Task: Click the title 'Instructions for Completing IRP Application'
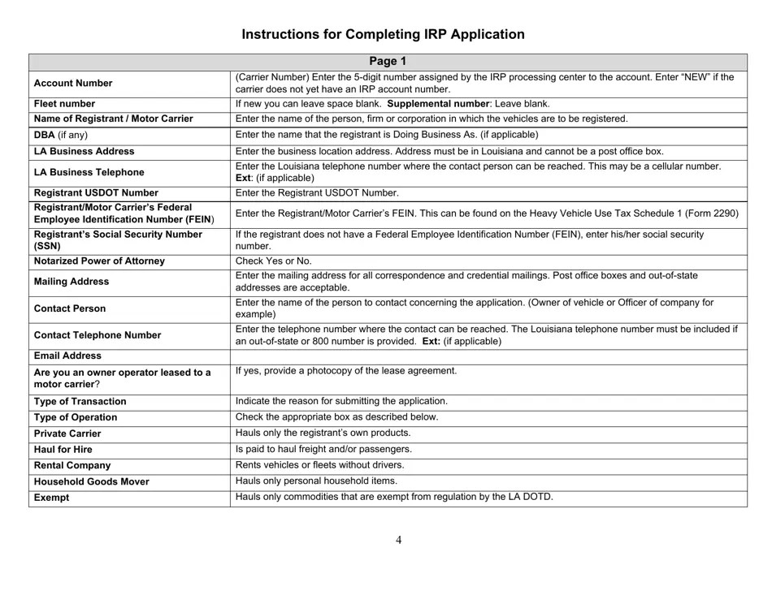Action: pos(383,34)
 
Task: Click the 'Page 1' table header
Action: pos(388,61)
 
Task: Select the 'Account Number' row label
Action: pos(73,83)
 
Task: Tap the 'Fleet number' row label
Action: pos(64,104)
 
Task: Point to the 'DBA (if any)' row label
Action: pos(61,135)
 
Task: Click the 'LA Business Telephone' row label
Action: pos(89,172)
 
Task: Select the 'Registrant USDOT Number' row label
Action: pos(96,193)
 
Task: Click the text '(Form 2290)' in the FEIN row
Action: pos(711,213)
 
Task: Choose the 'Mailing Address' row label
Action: pos(72,282)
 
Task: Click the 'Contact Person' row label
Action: pos(70,308)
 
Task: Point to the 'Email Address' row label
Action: pos(67,356)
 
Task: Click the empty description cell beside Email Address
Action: pos(488,356)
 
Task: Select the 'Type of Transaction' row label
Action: pos(80,401)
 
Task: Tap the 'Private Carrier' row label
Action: pos(67,433)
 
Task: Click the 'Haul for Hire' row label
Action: pos(63,449)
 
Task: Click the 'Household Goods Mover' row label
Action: pos(91,481)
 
